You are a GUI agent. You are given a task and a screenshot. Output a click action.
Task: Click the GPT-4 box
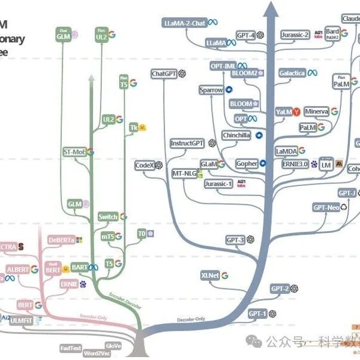(x=245, y=36)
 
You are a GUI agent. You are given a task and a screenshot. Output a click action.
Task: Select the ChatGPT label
(x=164, y=74)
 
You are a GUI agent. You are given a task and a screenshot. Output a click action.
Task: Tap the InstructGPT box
(x=187, y=144)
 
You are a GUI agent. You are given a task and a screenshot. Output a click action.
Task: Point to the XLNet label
(x=210, y=275)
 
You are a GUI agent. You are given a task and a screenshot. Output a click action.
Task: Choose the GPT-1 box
(x=257, y=313)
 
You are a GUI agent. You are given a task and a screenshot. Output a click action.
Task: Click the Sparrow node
(x=211, y=90)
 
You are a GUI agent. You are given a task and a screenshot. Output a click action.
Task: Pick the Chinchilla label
(x=237, y=135)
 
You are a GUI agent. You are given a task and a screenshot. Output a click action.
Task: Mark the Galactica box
(x=291, y=73)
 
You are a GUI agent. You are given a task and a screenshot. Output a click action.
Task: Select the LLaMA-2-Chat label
(x=184, y=23)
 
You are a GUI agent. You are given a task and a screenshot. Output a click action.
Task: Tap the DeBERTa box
(x=61, y=240)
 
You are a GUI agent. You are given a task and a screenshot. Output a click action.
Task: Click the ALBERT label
(x=18, y=269)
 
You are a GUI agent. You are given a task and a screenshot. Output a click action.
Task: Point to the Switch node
(x=108, y=217)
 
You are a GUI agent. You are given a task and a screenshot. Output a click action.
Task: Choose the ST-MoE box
(x=75, y=152)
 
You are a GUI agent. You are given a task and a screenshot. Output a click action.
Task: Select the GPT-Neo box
(x=326, y=207)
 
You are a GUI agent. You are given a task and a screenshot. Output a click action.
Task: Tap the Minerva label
(x=316, y=111)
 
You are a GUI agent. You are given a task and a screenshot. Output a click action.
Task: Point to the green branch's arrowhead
(x=91, y=77)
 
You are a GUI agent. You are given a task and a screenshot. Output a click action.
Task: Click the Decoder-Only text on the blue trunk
(x=191, y=320)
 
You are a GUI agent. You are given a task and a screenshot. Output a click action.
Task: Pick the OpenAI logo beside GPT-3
(x=252, y=240)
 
